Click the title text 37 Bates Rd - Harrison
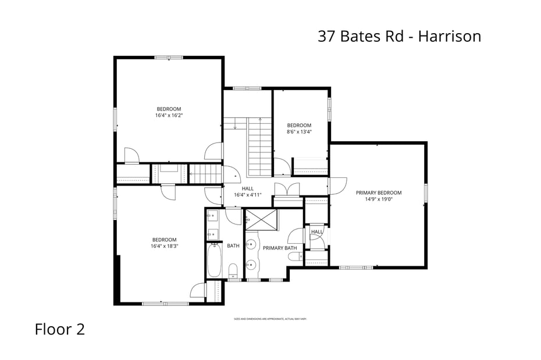(399, 36)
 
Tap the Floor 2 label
(59, 329)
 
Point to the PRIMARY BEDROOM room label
(379, 193)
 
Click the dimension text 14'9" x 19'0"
(379, 199)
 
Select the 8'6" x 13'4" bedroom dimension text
(299, 132)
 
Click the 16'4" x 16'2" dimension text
(169, 115)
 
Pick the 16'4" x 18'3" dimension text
(164, 246)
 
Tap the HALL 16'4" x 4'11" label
(248, 192)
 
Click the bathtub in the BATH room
(213, 260)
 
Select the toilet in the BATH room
(233, 270)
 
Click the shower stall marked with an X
(262, 220)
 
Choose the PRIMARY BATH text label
(280, 248)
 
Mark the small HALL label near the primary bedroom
(316, 232)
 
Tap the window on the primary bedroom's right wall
(426, 193)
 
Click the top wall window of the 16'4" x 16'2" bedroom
(169, 58)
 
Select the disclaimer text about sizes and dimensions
(270, 319)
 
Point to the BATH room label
(233, 246)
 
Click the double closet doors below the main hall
(287, 191)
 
